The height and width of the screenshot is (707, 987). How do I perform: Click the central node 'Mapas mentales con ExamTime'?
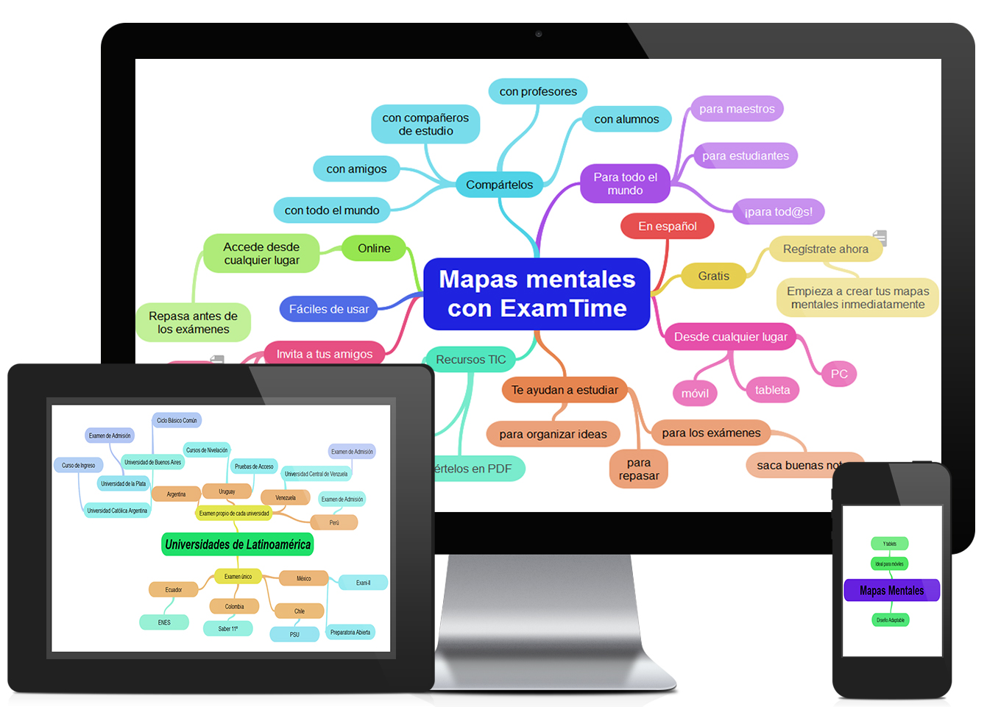point(537,294)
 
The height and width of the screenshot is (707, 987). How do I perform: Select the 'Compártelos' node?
point(499,185)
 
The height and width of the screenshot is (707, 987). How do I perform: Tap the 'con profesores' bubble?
point(538,91)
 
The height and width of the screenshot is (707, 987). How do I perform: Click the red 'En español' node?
point(667,226)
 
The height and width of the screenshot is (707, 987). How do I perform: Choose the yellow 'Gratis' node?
point(713,276)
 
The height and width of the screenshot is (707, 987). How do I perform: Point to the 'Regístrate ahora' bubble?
point(825,249)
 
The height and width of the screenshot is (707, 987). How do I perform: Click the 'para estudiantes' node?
point(745,155)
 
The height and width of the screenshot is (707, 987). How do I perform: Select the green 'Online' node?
point(374,248)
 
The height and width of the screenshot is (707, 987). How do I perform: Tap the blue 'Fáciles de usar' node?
point(328,309)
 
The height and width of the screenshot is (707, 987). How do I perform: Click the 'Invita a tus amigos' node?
point(324,353)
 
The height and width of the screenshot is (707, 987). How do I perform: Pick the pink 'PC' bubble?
point(839,374)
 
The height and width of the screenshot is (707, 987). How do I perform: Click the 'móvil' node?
point(695,393)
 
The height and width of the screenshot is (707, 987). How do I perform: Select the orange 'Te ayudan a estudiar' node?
point(565,390)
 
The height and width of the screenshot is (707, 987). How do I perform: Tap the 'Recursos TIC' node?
point(471,359)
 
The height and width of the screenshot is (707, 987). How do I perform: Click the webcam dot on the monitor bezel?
point(539,34)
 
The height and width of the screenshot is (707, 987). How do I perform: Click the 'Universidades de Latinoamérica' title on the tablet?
point(238,544)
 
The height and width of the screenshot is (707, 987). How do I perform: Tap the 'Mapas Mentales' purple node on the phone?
point(891,590)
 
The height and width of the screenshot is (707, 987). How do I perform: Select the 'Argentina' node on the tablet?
point(176,494)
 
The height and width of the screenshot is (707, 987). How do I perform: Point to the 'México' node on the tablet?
point(303,578)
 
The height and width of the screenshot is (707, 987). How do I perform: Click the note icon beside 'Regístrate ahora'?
point(880,238)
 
